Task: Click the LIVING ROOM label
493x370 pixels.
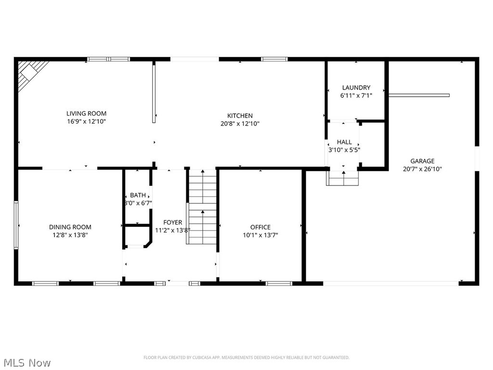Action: (x=86, y=114)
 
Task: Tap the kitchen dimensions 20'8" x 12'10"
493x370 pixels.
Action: (x=240, y=124)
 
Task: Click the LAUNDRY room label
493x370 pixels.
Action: (x=356, y=88)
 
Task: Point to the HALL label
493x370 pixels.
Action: (x=344, y=142)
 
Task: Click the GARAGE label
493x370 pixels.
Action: (x=422, y=161)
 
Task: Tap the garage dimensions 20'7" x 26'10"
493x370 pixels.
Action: (x=422, y=169)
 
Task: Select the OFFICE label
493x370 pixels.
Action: (x=260, y=227)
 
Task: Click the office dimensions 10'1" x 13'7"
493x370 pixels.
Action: (x=260, y=235)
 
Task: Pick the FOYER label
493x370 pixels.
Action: (x=172, y=223)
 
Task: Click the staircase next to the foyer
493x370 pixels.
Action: (x=202, y=207)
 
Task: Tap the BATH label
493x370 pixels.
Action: (x=138, y=195)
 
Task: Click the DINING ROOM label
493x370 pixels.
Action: (x=70, y=227)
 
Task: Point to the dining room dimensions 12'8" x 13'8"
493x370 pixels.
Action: (x=70, y=235)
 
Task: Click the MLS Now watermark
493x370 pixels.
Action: (x=26, y=362)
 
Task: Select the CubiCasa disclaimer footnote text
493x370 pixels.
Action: (x=246, y=357)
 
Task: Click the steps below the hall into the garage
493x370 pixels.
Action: (x=343, y=179)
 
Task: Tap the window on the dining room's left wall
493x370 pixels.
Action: (x=16, y=225)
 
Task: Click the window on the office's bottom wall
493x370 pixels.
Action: (x=279, y=283)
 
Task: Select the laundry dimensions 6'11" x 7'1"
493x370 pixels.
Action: (x=356, y=95)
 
